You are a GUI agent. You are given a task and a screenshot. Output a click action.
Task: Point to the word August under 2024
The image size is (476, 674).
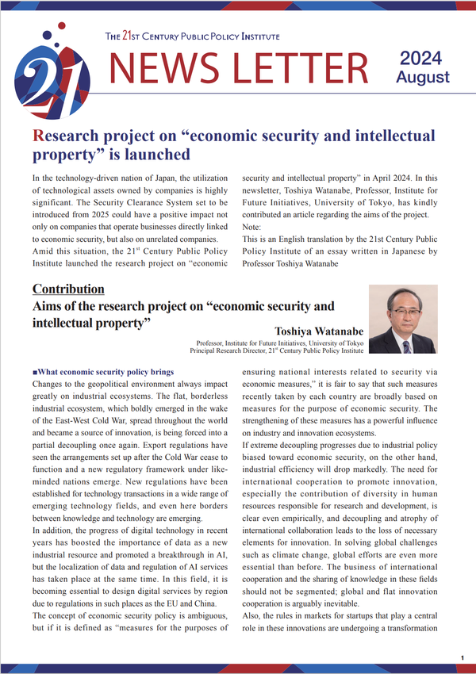(x=422, y=77)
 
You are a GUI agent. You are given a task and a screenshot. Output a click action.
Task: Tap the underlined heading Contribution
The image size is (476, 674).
(x=68, y=289)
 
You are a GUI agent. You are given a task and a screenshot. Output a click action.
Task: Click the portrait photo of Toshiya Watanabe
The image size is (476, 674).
(x=403, y=320)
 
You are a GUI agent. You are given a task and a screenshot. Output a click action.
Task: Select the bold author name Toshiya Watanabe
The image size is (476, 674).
(x=319, y=330)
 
